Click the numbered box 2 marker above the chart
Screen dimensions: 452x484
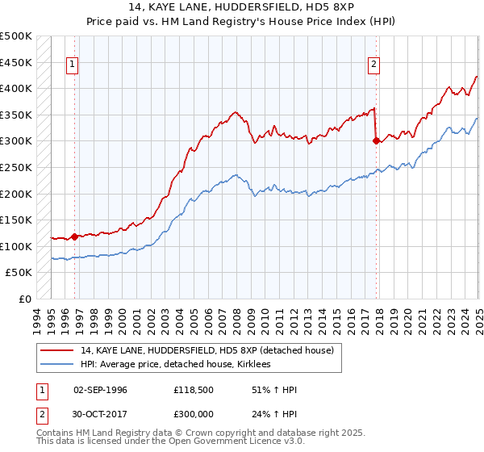[x=375, y=66]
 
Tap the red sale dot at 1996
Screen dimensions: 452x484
[x=74, y=236]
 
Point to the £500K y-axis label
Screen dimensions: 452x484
[x=16, y=36]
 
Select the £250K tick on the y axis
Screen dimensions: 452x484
[x=16, y=167]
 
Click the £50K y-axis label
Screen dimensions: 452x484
[x=19, y=273]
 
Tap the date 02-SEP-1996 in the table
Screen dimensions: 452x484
[x=100, y=390]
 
